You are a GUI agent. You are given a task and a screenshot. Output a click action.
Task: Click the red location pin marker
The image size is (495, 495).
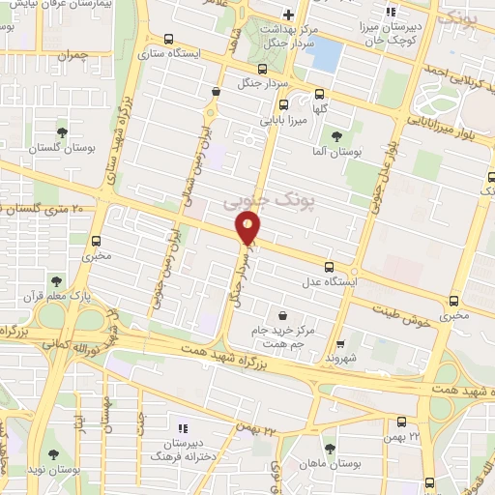(248, 228)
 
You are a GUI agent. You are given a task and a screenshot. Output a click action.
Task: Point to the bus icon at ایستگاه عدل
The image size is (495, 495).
(329, 267)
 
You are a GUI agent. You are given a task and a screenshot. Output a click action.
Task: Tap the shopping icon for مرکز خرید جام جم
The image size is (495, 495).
(281, 315)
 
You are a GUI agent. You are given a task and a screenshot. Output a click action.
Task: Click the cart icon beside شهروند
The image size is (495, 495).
(339, 343)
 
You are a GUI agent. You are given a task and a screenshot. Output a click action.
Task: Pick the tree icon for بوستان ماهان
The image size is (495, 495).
(331, 448)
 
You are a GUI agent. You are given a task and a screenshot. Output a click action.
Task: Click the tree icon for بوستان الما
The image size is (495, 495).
(336, 136)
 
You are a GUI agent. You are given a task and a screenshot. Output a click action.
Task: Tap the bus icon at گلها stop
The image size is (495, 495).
(320, 94)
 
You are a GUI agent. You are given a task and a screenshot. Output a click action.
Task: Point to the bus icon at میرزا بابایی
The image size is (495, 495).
(282, 105)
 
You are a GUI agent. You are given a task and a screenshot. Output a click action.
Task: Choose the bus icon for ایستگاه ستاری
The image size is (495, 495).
(170, 40)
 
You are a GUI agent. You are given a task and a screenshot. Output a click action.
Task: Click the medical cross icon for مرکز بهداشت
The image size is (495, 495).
(288, 15)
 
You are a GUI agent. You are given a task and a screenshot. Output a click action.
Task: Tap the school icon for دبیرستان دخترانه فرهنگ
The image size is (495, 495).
(184, 426)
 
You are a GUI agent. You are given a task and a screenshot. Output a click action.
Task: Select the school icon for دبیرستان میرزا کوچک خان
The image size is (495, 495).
(391, 13)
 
